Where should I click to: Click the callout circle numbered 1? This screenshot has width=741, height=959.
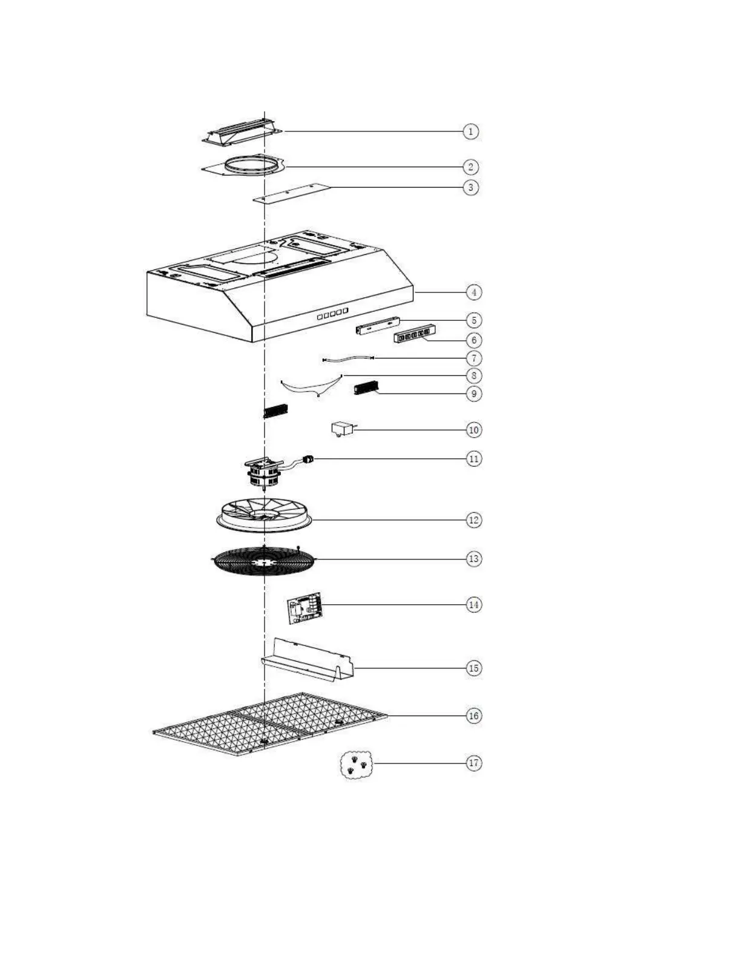470,131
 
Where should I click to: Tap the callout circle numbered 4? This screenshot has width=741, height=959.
473,292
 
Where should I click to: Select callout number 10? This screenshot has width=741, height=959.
473,430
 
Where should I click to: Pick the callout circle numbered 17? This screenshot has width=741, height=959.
473,763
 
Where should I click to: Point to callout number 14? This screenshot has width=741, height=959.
473,604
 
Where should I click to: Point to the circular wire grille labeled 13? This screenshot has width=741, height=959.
263,561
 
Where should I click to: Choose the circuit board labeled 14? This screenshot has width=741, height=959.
305,608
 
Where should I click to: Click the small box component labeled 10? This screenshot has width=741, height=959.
342,429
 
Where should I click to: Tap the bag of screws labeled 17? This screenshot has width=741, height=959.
356,765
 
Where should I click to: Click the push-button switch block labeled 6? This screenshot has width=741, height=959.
415,334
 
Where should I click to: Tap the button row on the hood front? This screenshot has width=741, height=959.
332,314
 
